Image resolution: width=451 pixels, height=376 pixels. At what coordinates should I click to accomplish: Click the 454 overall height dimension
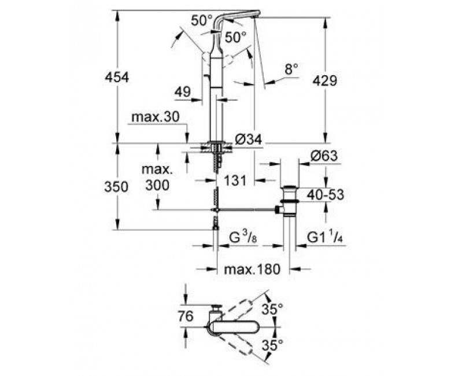(117, 78)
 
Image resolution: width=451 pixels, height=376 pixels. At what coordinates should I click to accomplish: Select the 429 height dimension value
(325, 81)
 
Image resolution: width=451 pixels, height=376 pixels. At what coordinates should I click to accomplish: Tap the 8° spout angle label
(291, 69)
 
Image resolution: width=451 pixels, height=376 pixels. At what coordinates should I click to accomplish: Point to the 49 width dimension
(183, 92)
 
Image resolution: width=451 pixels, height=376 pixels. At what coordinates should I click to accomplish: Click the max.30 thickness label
(156, 117)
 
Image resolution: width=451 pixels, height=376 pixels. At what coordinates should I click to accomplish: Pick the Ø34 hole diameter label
(249, 140)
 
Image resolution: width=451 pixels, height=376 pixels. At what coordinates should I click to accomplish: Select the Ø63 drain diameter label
(324, 156)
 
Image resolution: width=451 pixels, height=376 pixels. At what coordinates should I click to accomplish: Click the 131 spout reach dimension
(235, 180)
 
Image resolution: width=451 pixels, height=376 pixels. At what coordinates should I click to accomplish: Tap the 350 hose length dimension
(116, 187)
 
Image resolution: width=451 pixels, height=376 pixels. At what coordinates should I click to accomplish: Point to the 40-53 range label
(326, 195)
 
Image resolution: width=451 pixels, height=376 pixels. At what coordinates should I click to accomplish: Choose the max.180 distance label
(252, 270)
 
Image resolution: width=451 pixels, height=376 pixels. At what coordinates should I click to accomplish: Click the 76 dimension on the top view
(186, 316)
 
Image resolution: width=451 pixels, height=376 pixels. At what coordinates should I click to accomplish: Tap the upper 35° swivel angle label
(273, 309)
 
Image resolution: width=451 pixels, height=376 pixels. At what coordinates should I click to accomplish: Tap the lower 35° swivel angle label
(273, 345)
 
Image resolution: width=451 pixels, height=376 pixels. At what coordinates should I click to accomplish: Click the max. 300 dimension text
(157, 178)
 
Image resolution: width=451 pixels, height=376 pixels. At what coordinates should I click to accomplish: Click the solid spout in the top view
(235, 327)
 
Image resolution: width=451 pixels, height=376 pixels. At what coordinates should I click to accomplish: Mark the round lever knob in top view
(216, 307)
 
